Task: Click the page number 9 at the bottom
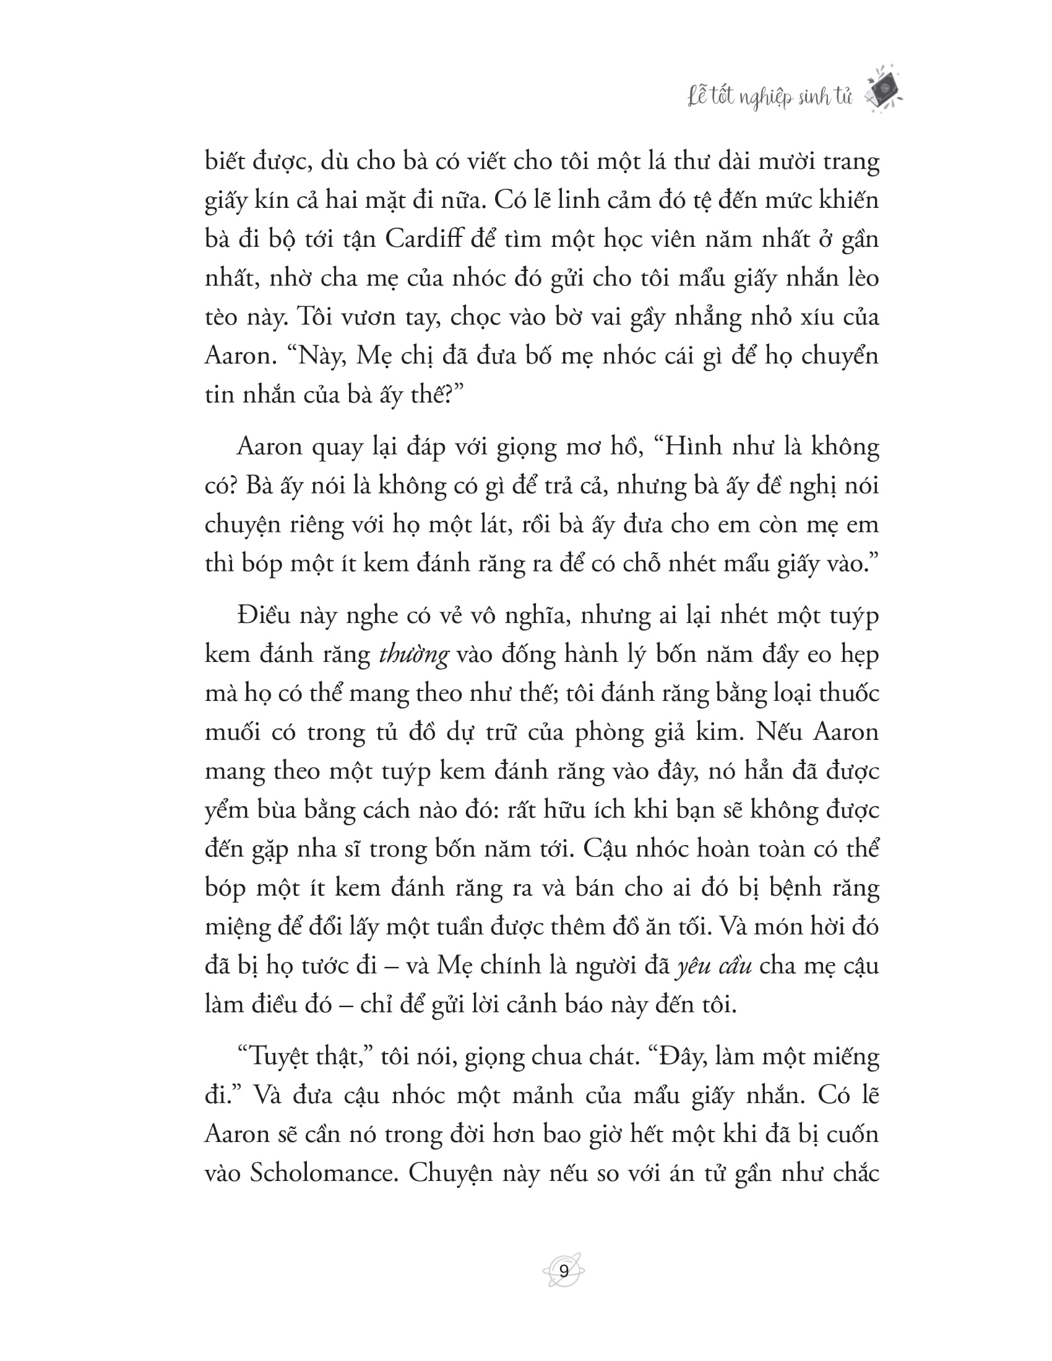pyautogui.click(x=563, y=1271)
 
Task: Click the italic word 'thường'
pyautogui.click(x=413, y=655)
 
